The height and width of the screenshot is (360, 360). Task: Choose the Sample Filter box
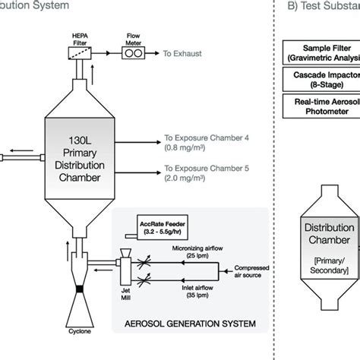323,57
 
